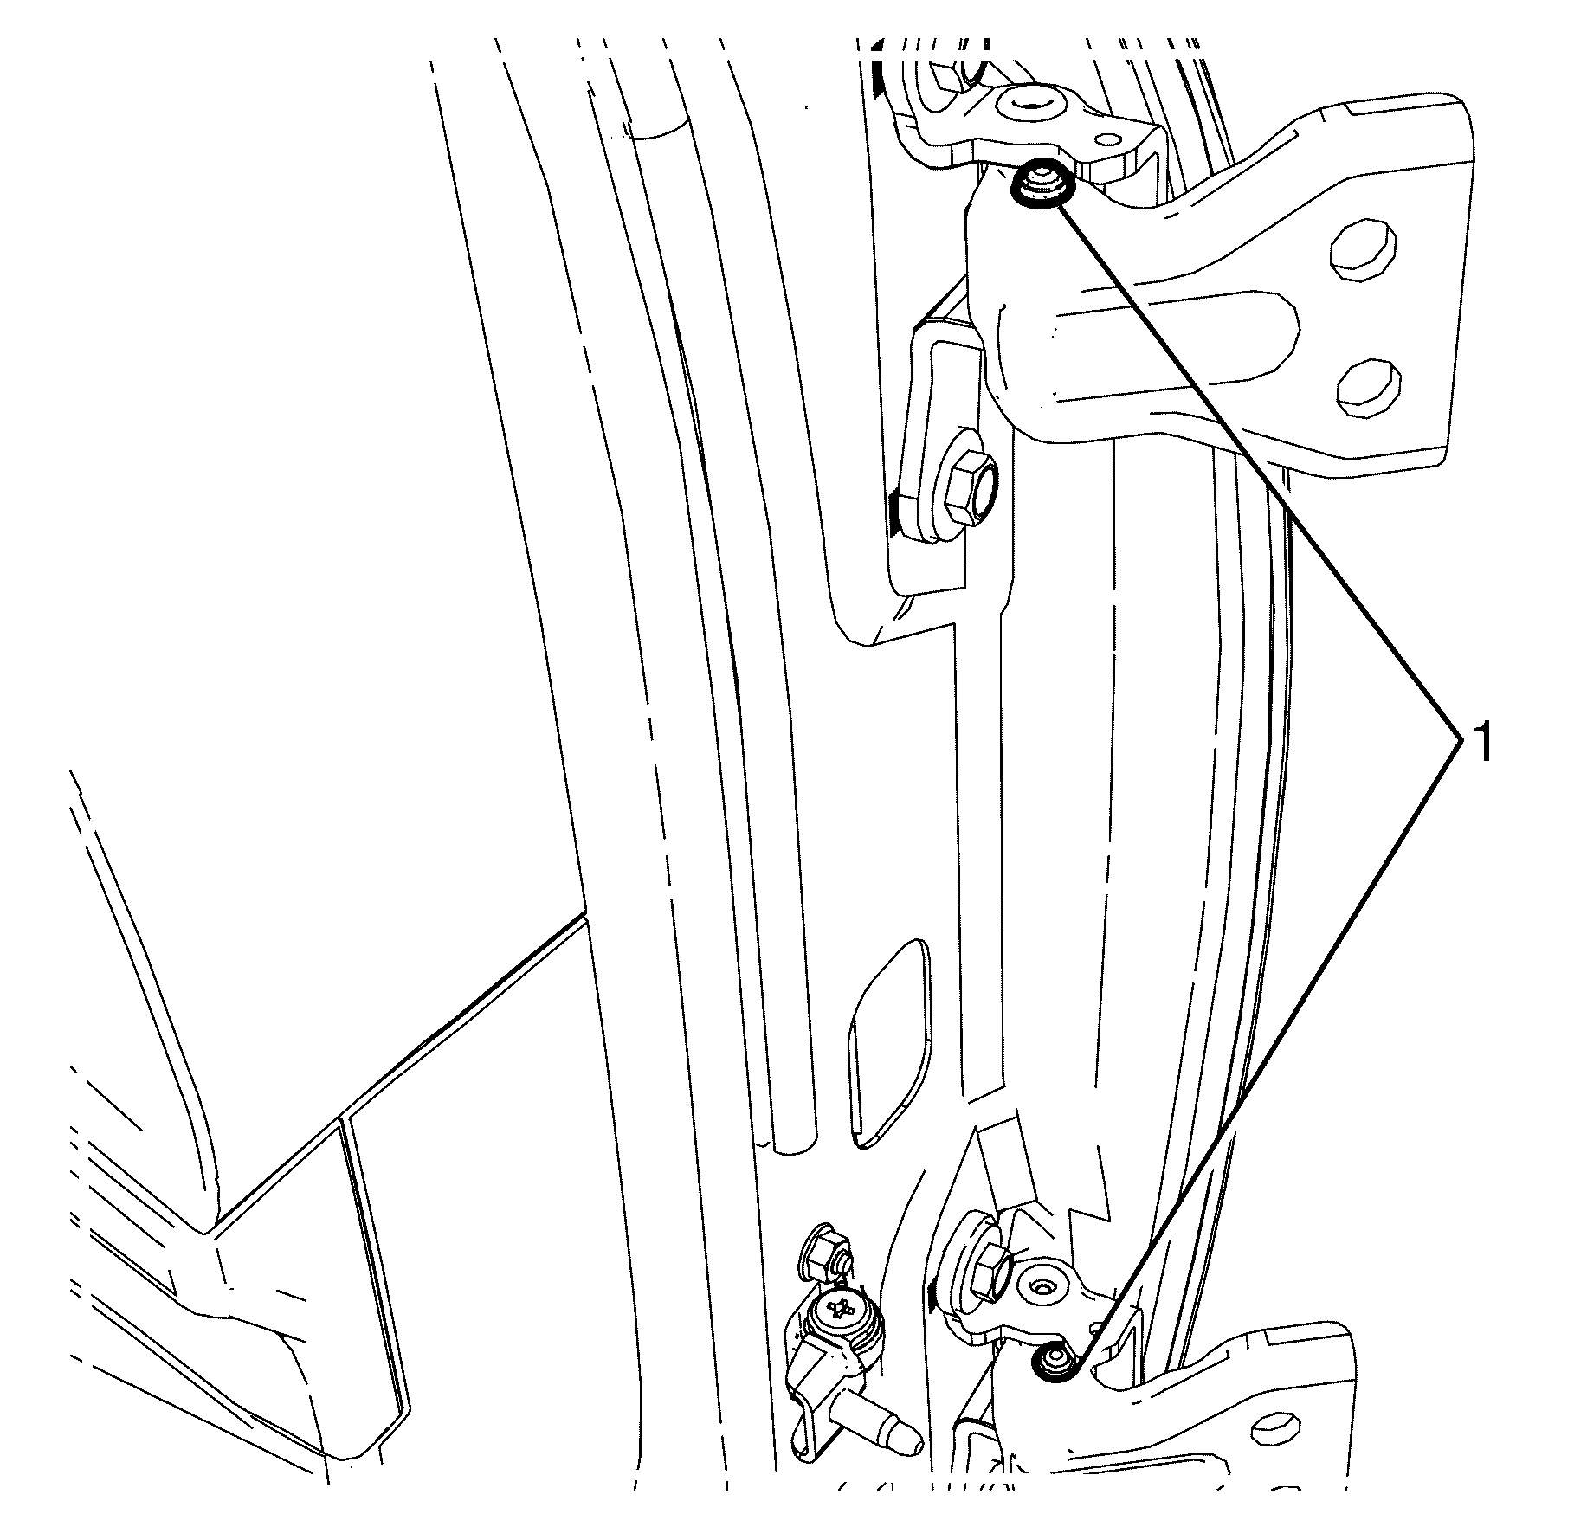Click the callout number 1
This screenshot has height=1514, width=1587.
tap(1482, 744)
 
